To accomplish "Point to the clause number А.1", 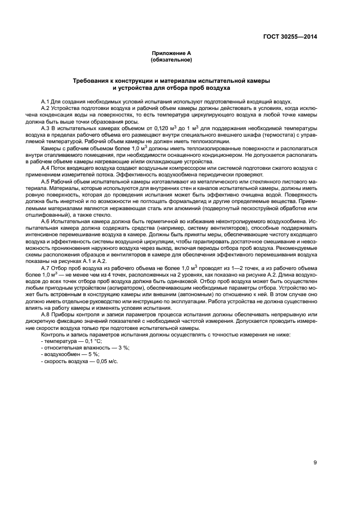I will click(x=46, y=102).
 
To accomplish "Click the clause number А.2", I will click(x=46, y=108).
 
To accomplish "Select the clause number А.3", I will click(x=46, y=127).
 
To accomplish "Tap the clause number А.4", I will click(x=46, y=168).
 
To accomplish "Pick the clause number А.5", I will click(x=46, y=181).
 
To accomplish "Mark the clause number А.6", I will click(x=46, y=222).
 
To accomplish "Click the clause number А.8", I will click(x=46, y=315).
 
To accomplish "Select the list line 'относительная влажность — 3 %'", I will click(x=77, y=348).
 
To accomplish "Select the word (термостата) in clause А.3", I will click(x=278, y=134).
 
